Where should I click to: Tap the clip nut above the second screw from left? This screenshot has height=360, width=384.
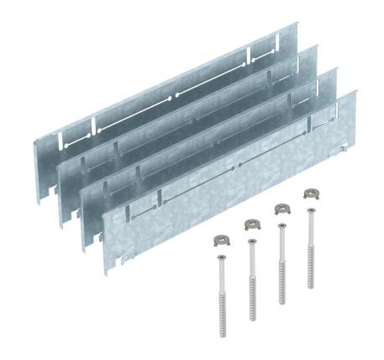(251, 223)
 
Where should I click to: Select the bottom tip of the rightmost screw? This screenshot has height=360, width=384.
(308, 288)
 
